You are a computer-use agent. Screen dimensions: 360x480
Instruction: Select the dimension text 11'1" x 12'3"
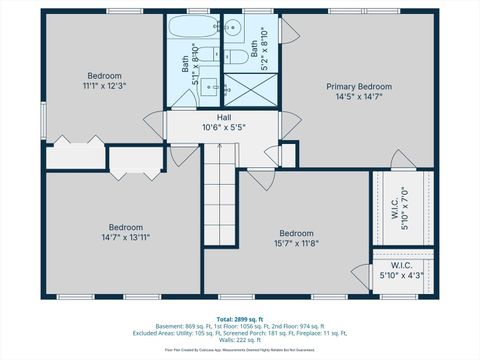tap(104, 86)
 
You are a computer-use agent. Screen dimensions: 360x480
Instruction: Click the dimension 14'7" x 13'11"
tap(126, 237)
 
